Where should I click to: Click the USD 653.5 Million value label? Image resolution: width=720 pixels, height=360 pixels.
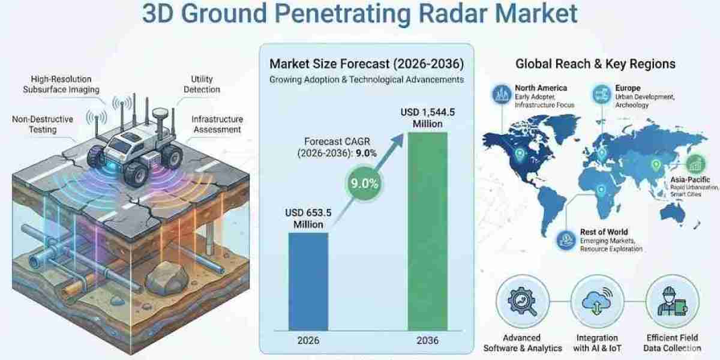coord(308,218)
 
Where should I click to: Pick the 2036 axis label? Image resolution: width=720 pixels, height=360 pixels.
coord(427,340)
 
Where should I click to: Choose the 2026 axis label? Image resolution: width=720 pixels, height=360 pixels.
coord(308,340)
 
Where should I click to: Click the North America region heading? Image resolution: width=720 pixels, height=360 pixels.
coord(541,88)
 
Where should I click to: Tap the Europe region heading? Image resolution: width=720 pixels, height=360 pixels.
coord(627,88)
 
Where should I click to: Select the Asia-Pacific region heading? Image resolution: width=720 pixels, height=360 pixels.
coord(690,179)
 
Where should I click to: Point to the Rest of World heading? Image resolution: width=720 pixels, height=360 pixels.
coord(604,232)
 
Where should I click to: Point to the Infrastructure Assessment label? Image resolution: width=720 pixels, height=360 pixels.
coord(217,124)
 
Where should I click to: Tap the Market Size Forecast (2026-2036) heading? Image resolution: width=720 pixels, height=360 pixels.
coord(366,64)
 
